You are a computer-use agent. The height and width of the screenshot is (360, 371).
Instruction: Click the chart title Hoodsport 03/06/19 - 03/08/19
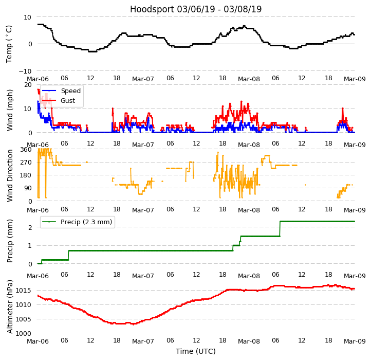[196, 9]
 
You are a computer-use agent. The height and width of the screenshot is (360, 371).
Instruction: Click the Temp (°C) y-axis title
[9, 44]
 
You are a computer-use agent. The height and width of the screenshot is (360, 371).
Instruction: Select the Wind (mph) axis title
[10, 110]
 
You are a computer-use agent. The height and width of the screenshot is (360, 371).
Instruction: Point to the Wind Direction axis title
[10, 175]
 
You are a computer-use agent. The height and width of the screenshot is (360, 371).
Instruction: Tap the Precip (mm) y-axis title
[10, 241]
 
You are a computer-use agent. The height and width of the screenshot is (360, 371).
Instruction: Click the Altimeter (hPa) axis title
[10, 307]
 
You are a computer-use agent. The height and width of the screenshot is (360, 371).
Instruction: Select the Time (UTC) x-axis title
[196, 351]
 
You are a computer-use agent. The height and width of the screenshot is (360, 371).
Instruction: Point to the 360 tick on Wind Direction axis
[26, 150]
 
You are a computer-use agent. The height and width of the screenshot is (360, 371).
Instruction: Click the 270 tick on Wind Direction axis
[26, 163]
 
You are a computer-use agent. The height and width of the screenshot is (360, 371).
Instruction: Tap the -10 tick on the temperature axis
[25, 71]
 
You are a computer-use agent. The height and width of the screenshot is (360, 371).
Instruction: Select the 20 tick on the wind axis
[28, 84]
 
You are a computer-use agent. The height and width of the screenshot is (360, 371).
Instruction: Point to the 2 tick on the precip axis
[30, 227]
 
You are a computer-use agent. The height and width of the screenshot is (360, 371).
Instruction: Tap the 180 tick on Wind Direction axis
[26, 175]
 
